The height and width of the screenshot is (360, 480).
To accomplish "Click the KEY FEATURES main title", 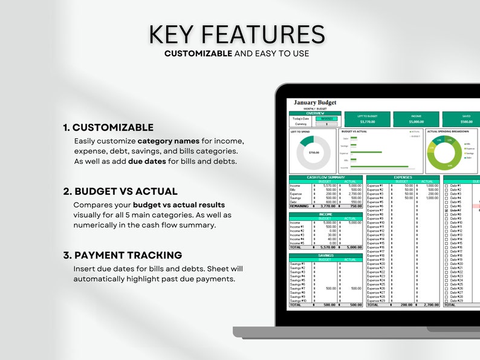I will (237, 34).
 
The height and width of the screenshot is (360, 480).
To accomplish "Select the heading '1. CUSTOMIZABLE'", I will (108, 128).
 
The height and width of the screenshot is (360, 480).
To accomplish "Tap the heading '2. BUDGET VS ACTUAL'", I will (120, 191).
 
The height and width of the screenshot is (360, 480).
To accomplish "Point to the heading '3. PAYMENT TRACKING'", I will (122, 255).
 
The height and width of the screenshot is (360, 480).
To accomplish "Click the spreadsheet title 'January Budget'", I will (315, 103).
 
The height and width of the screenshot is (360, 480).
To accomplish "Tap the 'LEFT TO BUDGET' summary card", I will (366, 119).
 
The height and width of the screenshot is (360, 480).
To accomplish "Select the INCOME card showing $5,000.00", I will (416, 119).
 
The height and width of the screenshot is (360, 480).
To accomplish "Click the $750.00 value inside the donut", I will (314, 152).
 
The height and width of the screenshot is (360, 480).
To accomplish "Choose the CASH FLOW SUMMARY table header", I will (326, 177).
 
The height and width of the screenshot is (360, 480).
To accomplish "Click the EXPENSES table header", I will (403, 177).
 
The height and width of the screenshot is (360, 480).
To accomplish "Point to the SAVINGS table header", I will (326, 255).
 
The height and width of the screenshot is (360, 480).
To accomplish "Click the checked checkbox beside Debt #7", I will (446, 211).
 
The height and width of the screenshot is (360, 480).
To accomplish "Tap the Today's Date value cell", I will (328, 119).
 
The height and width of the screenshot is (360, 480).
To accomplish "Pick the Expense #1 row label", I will (375, 185).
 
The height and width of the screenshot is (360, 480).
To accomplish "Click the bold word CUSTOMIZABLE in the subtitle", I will (198, 53).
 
